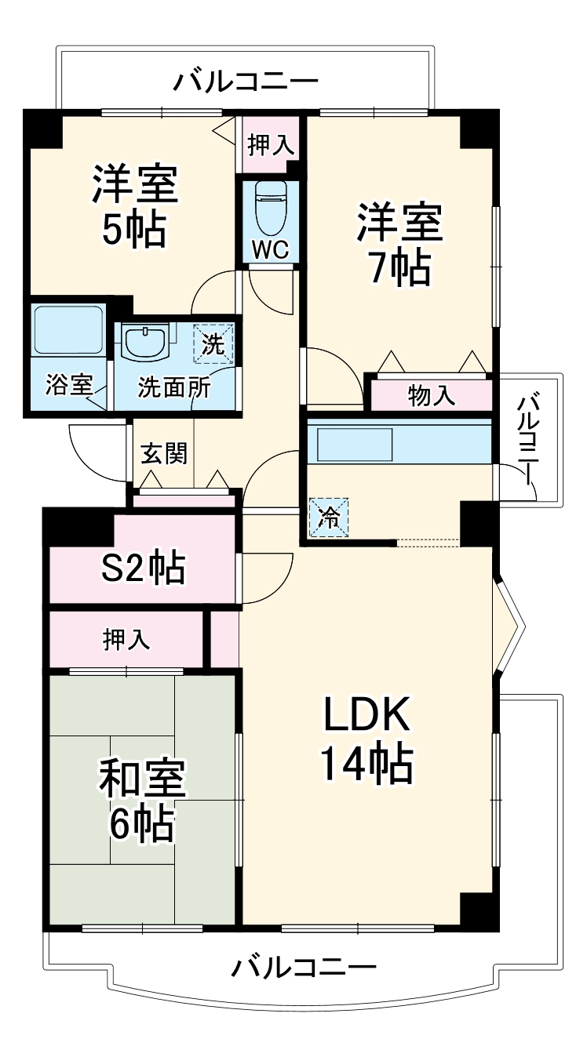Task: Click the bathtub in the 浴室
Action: (68, 329)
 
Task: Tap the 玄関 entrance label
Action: (163, 453)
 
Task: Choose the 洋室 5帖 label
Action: (133, 206)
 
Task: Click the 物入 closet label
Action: (431, 396)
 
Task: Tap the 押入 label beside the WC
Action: (271, 144)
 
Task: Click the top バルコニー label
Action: (246, 81)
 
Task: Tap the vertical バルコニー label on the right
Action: (530, 439)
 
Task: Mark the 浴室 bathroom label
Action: (69, 384)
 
